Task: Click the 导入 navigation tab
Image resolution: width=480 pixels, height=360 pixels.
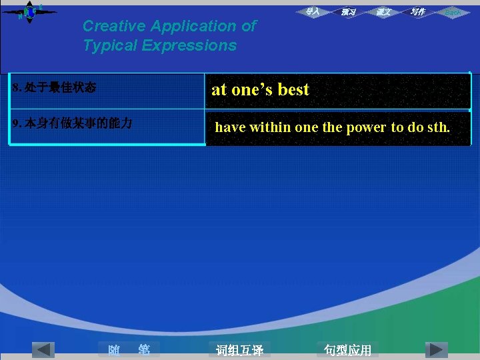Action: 313,11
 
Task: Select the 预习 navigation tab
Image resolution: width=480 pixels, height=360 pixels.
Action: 348,12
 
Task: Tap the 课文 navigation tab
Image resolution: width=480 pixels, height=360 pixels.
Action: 383,12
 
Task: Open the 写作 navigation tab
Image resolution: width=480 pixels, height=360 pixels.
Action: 418,12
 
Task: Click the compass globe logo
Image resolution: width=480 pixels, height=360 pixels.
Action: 29,11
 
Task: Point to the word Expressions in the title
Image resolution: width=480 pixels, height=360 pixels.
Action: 193,46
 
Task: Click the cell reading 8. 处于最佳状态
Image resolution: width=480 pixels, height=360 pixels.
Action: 55,88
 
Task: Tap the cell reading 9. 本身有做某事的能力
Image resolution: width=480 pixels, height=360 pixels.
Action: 73,123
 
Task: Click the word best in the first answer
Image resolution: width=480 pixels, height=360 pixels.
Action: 293,90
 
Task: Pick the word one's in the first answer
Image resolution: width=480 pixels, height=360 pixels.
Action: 252,90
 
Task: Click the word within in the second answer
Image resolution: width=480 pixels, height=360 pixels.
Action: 270,127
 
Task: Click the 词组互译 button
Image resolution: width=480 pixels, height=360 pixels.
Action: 239,350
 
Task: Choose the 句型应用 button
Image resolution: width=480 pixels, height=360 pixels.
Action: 347,350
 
